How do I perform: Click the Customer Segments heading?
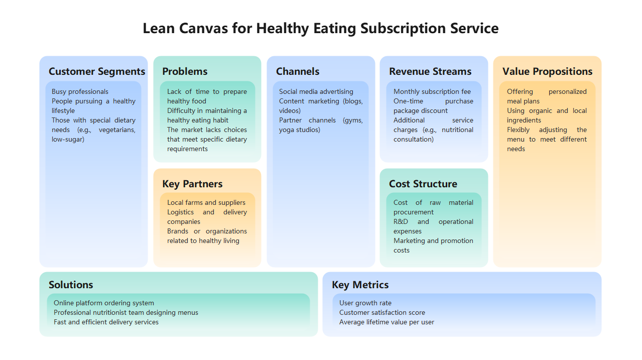(x=97, y=71)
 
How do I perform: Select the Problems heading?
(x=185, y=71)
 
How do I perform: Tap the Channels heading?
(x=298, y=71)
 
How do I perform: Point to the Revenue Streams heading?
(x=430, y=71)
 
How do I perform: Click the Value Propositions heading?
(x=547, y=71)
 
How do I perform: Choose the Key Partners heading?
(x=192, y=184)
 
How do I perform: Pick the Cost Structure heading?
(x=423, y=184)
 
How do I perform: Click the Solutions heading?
(x=71, y=285)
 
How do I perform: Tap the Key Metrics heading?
(x=360, y=285)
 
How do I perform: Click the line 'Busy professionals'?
(x=80, y=92)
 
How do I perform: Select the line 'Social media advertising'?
(x=316, y=92)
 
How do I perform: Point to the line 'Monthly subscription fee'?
(x=432, y=92)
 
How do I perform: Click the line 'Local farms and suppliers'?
(x=206, y=203)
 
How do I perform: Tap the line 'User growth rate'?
(x=365, y=303)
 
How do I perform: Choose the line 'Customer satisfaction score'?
(x=382, y=313)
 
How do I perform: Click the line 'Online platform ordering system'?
(x=104, y=303)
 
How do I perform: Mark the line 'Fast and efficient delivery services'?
(x=106, y=322)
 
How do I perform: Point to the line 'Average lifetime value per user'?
(x=387, y=322)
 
